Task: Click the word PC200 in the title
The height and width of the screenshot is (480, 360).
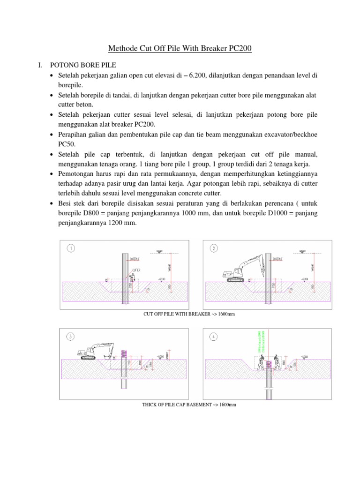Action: pos(240,48)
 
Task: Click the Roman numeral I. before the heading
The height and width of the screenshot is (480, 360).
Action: pos(40,66)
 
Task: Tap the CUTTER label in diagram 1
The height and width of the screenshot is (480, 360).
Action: pos(136,270)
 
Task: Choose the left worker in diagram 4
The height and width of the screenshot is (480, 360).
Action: pos(260,361)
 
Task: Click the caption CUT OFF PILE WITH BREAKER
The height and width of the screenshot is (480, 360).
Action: pos(187,314)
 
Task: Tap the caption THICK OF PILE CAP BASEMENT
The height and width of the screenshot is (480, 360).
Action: pos(188,404)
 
